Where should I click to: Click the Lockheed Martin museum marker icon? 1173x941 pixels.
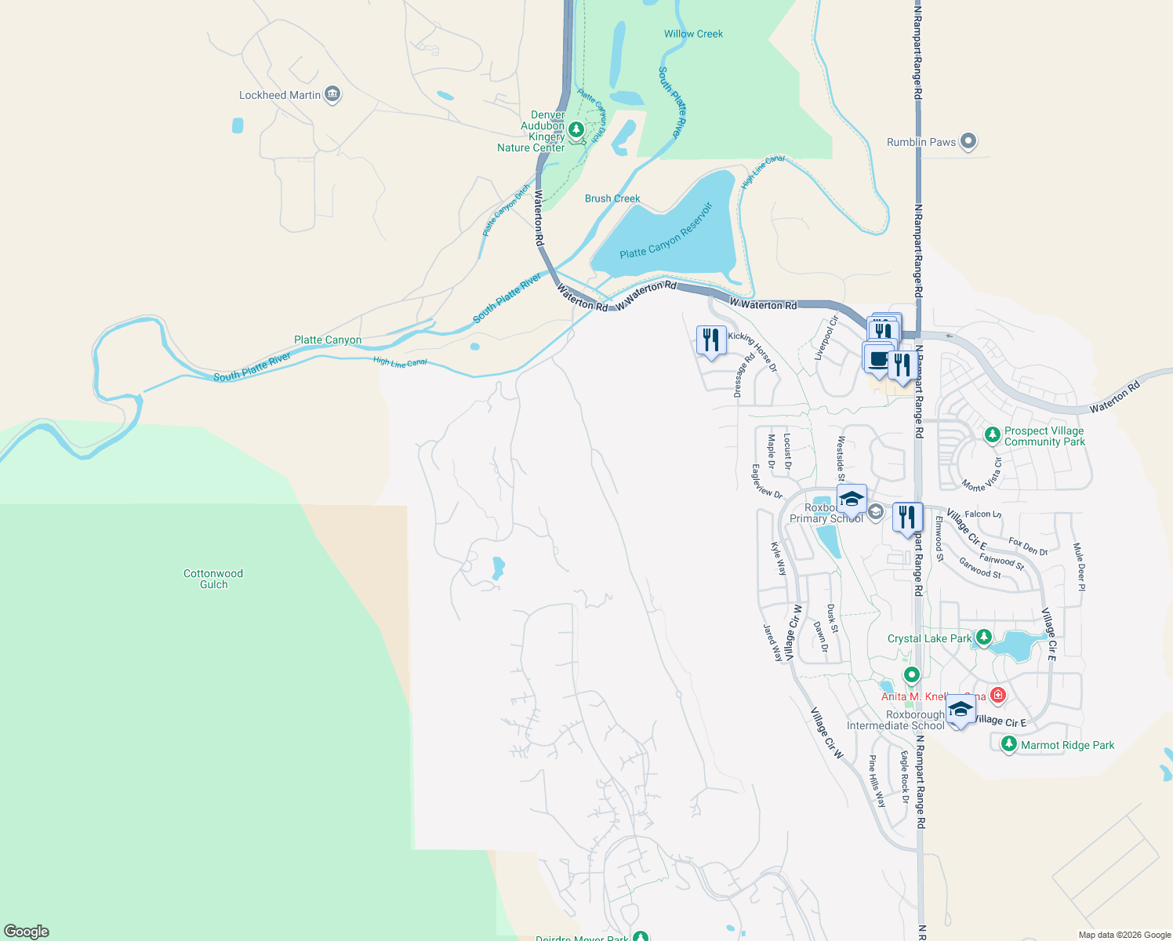point(332,95)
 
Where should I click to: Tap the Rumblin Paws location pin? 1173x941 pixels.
point(968,142)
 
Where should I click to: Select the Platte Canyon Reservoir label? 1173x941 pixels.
point(666,231)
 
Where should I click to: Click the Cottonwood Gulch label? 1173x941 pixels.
point(213,579)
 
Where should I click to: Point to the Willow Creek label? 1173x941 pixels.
point(693,34)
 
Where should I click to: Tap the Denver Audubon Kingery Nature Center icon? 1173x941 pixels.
point(576,129)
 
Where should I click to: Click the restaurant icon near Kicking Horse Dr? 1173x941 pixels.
point(711,340)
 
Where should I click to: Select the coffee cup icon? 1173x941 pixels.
point(878,358)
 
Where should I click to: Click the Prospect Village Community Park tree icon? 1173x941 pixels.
point(993,434)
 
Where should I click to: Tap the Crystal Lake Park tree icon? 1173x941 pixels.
point(984,637)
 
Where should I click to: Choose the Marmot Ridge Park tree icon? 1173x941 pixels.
point(1009,743)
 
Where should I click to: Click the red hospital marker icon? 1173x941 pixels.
point(997,695)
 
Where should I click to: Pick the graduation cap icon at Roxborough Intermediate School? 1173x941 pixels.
point(961,710)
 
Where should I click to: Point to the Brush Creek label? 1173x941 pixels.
point(612,198)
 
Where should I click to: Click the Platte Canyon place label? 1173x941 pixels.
point(328,340)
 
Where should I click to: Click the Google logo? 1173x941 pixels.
point(27,931)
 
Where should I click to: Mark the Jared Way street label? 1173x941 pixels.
point(773,642)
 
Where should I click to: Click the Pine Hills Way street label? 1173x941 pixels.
point(877,781)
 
